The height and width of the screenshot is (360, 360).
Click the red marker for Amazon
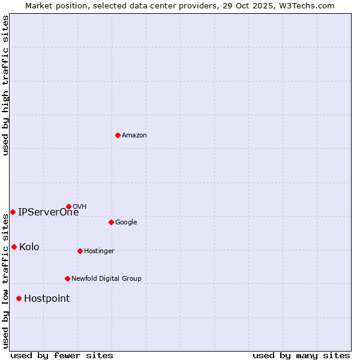(118, 135)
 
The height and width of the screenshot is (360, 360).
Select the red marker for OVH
(68, 206)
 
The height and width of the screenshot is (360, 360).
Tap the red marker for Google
(111, 222)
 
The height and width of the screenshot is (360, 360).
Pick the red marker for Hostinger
(80, 251)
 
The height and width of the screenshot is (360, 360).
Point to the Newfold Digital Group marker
(67, 278)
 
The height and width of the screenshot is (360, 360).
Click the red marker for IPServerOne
(13, 212)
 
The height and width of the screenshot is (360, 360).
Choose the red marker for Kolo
(14, 247)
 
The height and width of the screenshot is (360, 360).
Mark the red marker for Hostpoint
(19, 298)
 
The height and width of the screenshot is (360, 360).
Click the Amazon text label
(134, 136)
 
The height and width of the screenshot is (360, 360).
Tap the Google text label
(126, 223)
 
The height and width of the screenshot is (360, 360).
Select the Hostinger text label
(99, 251)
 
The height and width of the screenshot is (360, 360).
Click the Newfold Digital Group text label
(106, 279)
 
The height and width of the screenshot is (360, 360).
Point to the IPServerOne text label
(48, 212)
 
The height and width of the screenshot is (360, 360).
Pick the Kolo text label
(29, 247)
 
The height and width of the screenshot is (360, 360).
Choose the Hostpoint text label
(47, 299)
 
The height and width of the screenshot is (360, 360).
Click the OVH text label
(80, 207)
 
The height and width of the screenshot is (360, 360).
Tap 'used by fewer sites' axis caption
(62, 355)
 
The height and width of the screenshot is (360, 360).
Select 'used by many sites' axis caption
(301, 355)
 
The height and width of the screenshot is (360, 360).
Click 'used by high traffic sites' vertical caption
(5, 85)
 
